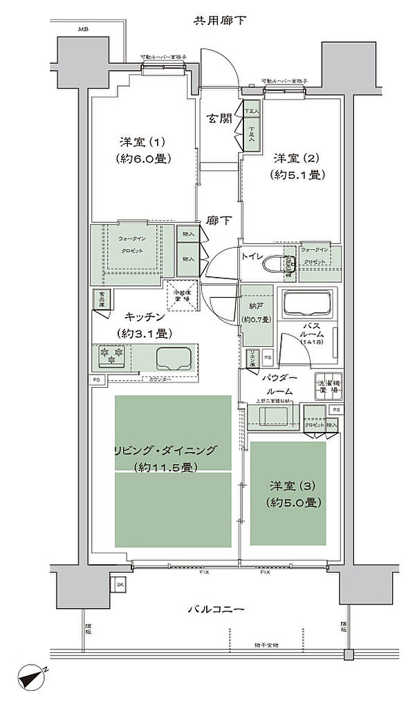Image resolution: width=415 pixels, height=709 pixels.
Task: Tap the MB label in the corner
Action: [x=83, y=30]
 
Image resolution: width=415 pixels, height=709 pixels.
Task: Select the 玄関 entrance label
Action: [x=217, y=118]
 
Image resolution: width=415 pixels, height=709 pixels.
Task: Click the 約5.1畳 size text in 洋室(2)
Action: [x=298, y=175]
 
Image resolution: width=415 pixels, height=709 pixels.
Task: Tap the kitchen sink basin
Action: [x=175, y=359]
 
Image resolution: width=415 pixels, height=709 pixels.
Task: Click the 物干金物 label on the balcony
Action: [x=265, y=645]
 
